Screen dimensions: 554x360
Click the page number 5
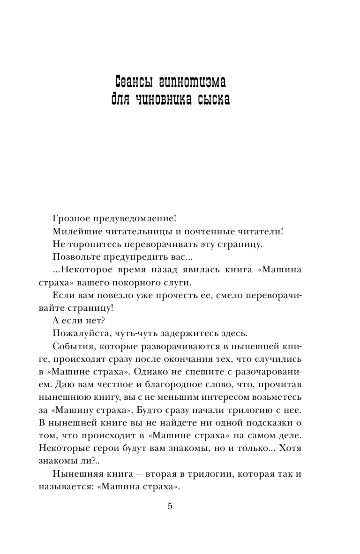(x=170, y=506)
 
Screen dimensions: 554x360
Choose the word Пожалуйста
(x=78, y=333)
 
